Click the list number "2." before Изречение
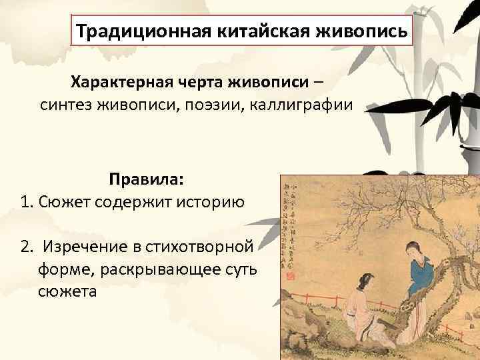(x=27, y=247)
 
